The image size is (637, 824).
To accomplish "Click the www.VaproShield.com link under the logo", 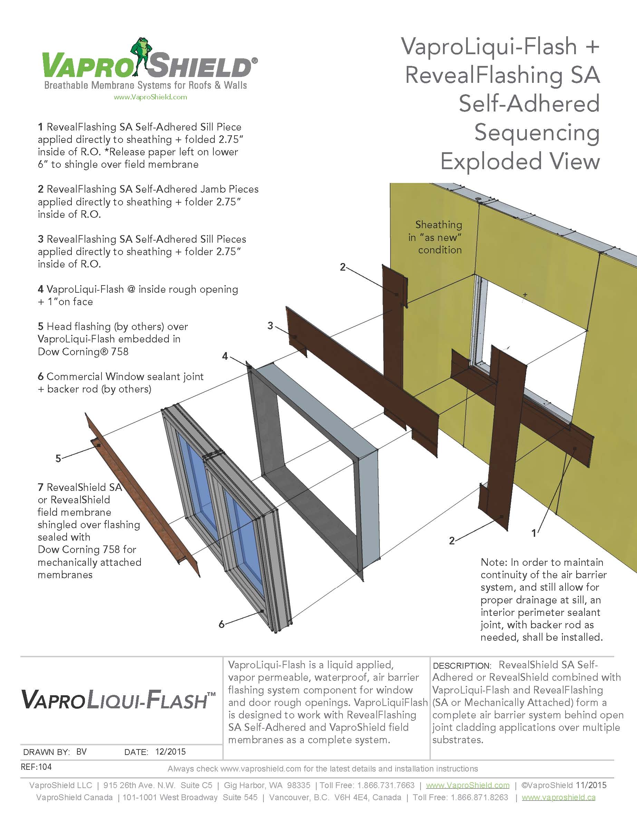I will [150, 97].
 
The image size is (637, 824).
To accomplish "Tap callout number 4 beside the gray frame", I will [225, 356].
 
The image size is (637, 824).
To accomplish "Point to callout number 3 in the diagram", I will [270, 325].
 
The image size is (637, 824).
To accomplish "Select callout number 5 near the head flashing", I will [58, 458].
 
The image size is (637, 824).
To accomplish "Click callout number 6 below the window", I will [222, 624].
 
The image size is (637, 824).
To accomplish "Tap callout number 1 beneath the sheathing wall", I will [534, 533].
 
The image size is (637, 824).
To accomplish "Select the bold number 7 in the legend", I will [40, 487].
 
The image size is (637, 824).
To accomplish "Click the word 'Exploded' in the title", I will [491, 162].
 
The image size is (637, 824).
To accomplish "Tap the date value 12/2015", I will [170, 752].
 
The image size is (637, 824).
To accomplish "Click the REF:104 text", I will [36, 767].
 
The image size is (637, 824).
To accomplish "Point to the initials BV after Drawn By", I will [81, 752].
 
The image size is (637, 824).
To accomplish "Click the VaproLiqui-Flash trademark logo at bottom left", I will [118, 699].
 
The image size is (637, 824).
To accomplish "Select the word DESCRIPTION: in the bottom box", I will [462, 666].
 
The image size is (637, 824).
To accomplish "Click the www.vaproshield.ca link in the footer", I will [558, 797].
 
